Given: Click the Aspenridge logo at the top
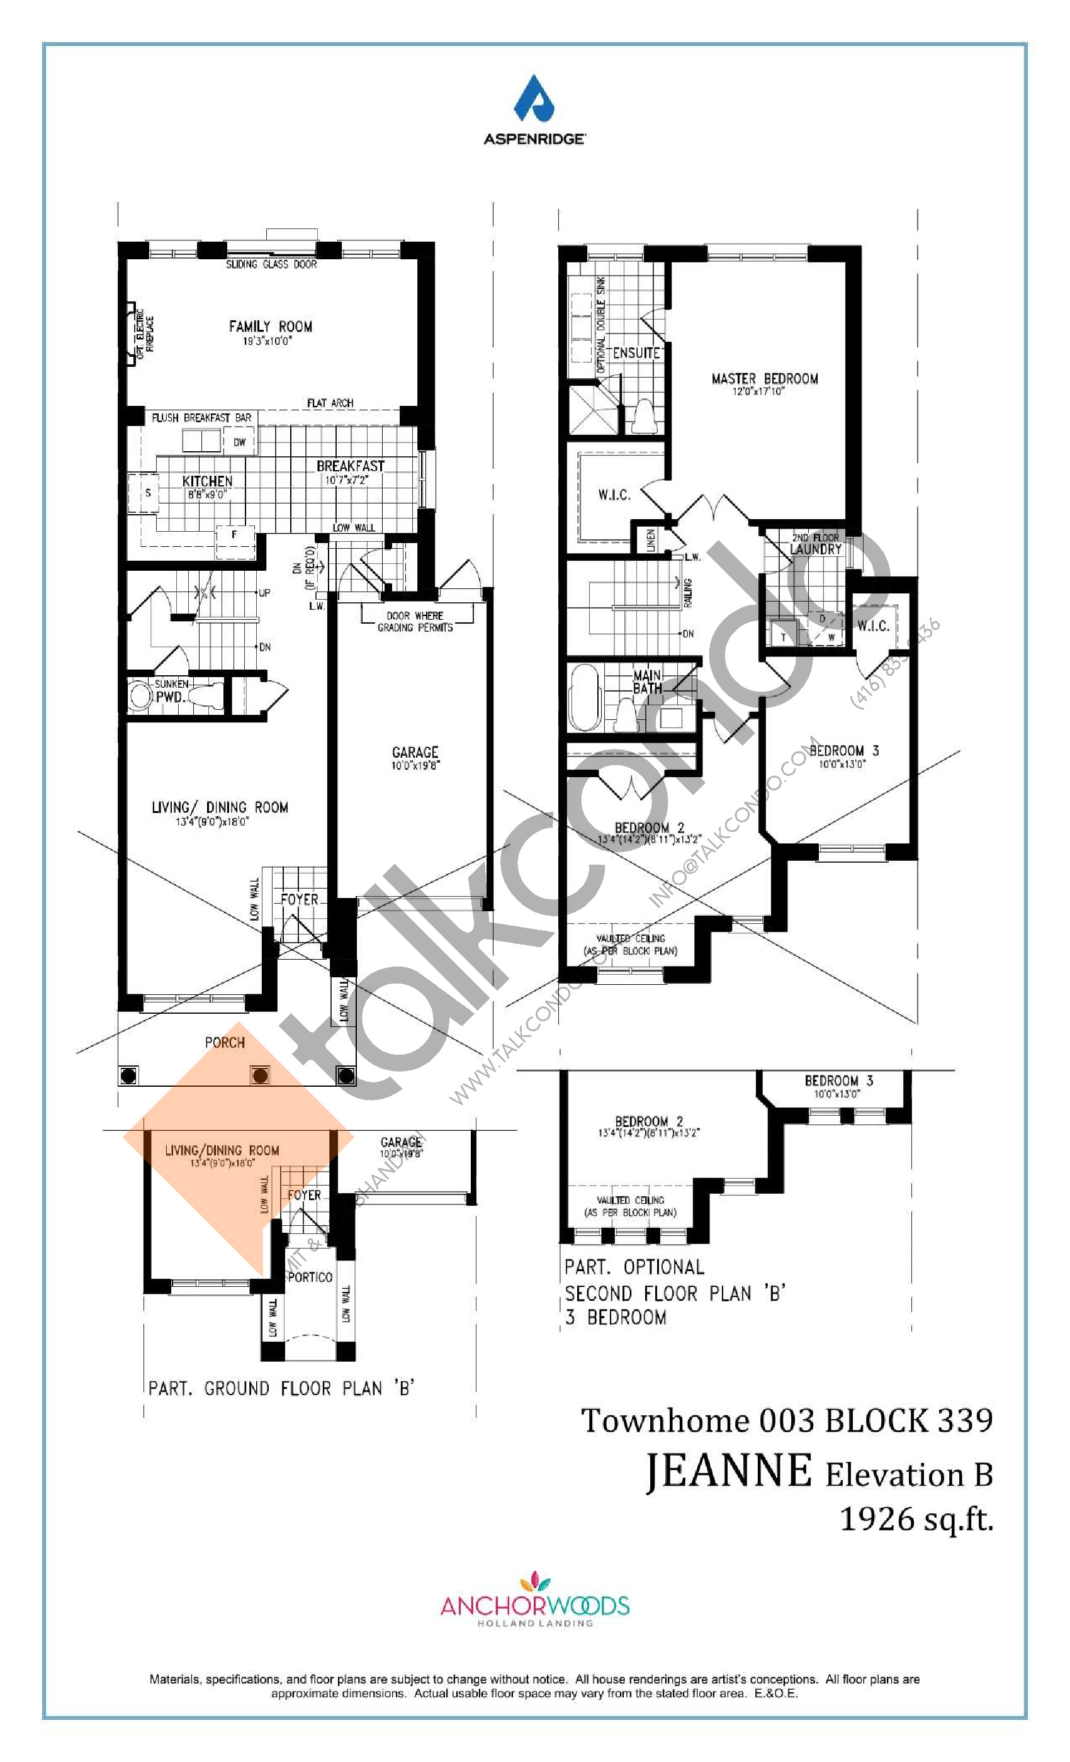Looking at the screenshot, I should pyautogui.click(x=534, y=109).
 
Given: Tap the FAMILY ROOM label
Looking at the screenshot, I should pyautogui.click(x=271, y=327).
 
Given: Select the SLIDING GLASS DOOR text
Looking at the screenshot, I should pyautogui.click(x=271, y=264).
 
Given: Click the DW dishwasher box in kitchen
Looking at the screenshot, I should pyautogui.click(x=239, y=442).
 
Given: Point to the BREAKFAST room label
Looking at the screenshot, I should pyautogui.click(x=350, y=466).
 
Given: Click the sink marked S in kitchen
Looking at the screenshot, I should pyautogui.click(x=147, y=493).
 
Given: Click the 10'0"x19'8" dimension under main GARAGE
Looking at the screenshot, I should pyautogui.click(x=415, y=765).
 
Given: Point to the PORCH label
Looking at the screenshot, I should pyautogui.click(x=225, y=1043).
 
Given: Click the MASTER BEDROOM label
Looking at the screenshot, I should pyautogui.click(x=765, y=379).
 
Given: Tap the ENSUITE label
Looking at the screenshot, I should pyautogui.click(x=636, y=353).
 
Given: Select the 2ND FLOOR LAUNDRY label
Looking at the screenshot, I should pyautogui.click(x=815, y=544).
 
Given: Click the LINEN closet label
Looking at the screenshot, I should pyautogui.click(x=650, y=539).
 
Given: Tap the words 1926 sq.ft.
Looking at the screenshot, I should pyautogui.click(x=916, y=1518).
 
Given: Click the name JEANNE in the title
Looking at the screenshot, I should pyautogui.click(x=728, y=1472).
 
